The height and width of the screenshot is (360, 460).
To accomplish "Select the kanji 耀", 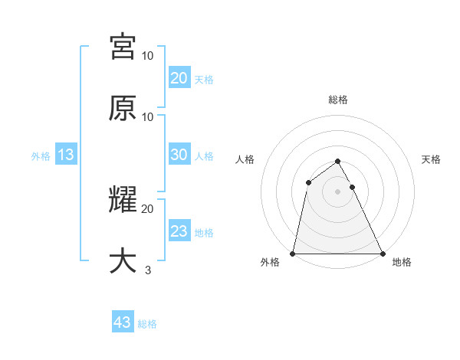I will [x=123, y=201].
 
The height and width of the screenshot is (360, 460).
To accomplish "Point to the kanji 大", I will [x=123, y=260].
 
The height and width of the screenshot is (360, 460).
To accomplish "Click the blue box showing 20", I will [x=179, y=77].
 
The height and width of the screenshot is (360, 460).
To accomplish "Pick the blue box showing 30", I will [x=179, y=155].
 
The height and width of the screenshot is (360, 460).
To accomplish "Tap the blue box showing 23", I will [x=179, y=231].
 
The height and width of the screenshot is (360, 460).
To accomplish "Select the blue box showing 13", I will [x=66, y=155].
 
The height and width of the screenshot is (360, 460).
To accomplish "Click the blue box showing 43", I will [x=123, y=322].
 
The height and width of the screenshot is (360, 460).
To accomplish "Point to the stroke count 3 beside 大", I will [x=148, y=270].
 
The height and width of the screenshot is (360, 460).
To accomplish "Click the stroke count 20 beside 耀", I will [x=148, y=208].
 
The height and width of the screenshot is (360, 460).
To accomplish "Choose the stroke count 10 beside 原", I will [x=148, y=116].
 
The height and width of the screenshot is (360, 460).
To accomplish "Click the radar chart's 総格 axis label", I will [x=337, y=100].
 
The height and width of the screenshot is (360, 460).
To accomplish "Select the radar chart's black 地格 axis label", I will [x=402, y=263].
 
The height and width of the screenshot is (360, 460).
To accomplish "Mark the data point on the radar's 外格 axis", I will [x=293, y=253].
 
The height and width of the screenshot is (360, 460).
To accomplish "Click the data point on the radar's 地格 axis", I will [x=382, y=253].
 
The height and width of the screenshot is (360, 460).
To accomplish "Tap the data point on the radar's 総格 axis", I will [x=337, y=161].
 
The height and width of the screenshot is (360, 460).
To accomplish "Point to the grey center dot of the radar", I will [x=337, y=191].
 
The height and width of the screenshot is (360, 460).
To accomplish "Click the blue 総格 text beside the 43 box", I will [x=147, y=324].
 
